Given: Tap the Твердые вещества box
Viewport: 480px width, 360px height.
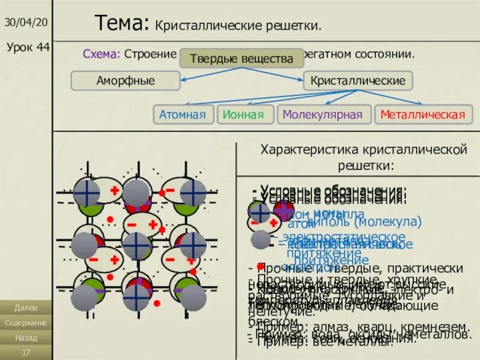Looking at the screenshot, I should click(x=241, y=59).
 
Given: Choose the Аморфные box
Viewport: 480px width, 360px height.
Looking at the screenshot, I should click(x=125, y=80).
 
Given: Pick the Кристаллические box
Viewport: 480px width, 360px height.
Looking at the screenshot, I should click(x=358, y=80).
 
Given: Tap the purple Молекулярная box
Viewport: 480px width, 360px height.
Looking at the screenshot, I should click(x=322, y=115).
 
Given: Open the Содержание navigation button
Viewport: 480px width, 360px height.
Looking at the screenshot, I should click(x=26, y=323).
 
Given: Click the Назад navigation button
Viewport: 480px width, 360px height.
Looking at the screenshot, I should click(x=26, y=338).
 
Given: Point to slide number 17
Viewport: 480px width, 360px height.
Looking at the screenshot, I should click(x=26, y=352).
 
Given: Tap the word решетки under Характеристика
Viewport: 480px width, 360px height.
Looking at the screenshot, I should click(x=362, y=164).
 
